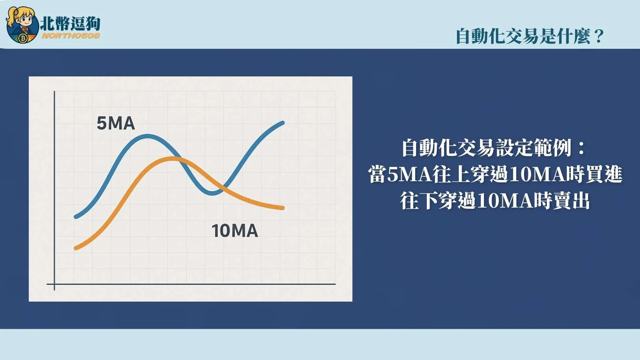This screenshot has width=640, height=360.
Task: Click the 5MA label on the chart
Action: [x=116, y=123]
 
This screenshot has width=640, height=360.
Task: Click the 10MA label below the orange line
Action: [x=235, y=231]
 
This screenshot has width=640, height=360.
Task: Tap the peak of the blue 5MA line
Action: [x=148, y=136]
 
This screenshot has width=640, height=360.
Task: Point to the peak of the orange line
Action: [x=173, y=159]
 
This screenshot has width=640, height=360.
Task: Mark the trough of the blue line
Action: [x=213, y=193]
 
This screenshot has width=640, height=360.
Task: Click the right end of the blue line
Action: [x=282, y=123]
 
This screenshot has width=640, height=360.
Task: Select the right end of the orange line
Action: [x=282, y=208]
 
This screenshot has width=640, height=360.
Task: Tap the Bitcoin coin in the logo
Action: [x=23, y=38]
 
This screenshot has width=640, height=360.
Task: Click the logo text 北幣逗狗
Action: [x=70, y=23]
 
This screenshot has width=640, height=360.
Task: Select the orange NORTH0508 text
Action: [x=70, y=36]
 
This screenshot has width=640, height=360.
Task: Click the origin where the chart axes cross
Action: [x=54, y=284]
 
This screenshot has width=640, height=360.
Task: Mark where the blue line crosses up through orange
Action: [x=223, y=187]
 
